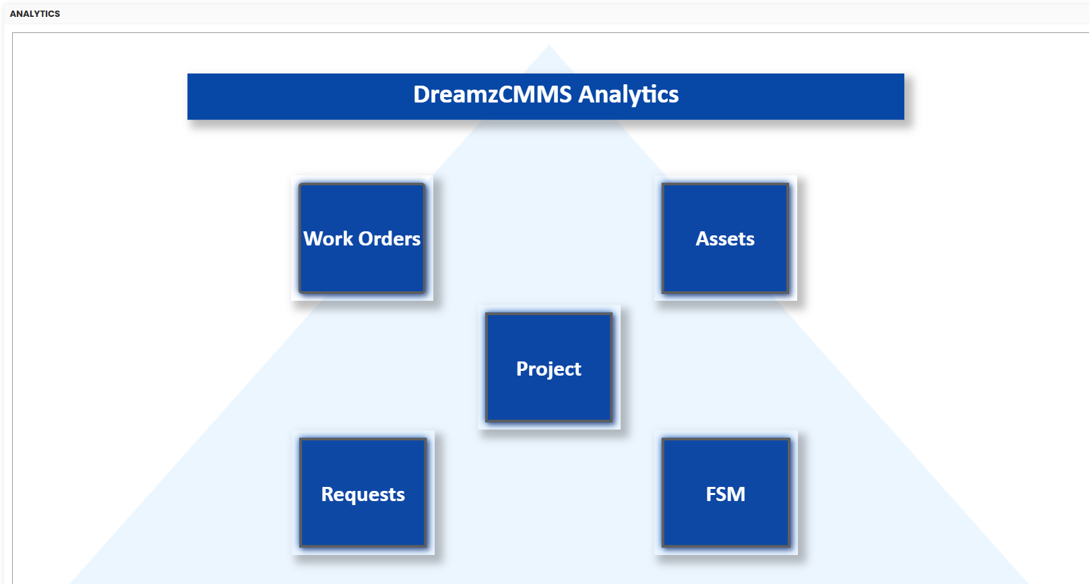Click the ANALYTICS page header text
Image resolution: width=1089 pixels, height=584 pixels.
click(x=35, y=13)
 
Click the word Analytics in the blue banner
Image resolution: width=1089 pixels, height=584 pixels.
click(x=628, y=94)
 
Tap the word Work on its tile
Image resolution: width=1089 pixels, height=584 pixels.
click(x=328, y=239)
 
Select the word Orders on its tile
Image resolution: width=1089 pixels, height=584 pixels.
click(x=390, y=239)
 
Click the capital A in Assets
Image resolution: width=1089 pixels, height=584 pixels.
click(x=702, y=239)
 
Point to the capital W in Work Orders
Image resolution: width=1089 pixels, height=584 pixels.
click(x=314, y=239)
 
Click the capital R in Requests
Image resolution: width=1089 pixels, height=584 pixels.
click(x=328, y=494)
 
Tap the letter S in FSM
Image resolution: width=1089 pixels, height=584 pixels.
click(x=722, y=494)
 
